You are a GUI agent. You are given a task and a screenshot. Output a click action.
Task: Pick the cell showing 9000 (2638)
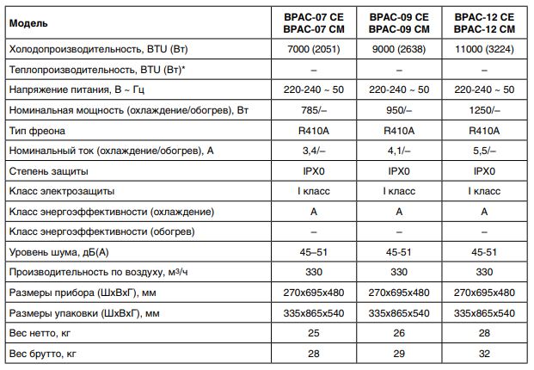(399, 49)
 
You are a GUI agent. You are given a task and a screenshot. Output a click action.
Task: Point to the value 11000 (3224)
(485, 49)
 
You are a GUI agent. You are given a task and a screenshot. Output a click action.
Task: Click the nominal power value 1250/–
(485, 110)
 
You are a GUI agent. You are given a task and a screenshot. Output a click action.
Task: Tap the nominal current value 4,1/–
(399, 151)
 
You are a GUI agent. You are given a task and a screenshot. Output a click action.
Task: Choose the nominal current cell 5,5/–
(485, 151)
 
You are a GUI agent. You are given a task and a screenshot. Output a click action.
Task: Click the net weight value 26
(399, 332)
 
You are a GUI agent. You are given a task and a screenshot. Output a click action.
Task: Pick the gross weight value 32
(485, 353)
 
